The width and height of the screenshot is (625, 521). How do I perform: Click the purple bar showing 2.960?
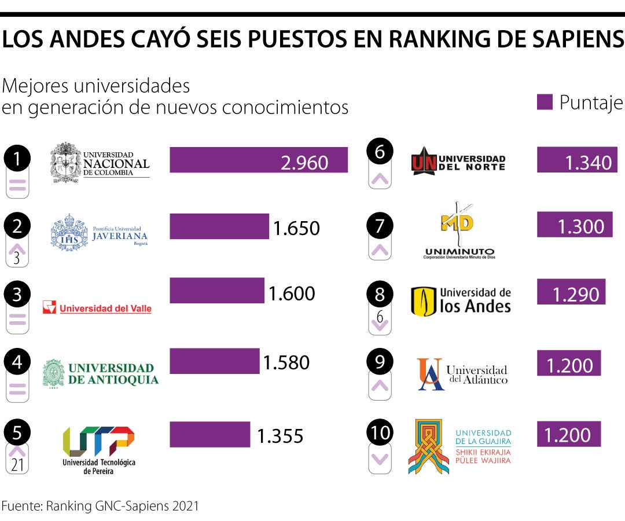pyautogui.click(x=258, y=160)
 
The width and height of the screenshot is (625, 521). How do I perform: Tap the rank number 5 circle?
pyautogui.click(x=17, y=433)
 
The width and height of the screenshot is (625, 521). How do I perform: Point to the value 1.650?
pyautogui.click(x=296, y=228)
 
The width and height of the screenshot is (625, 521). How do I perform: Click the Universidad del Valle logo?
pyautogui.click(x=97, y=308)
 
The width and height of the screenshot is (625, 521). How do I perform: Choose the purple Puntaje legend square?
pyautogui.click(x=545, y=102)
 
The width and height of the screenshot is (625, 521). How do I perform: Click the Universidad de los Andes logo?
pyautogui.click(x=461, y=301)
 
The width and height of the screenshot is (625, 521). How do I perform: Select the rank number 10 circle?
pyautogui.click(x=380, y=433)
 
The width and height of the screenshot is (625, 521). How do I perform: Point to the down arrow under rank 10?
pyautogui.click(x=380, y=460)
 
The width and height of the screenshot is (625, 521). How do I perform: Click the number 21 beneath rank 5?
pyautogui.click(x=17, y=465)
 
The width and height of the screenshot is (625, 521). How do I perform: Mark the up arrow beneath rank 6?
pyautogui.click(x=380, y=179)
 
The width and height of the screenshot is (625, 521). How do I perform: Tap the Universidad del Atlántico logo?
pyautogui.click(x=462, y=374)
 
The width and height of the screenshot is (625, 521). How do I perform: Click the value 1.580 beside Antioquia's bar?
pyautogui.click(x=286, y=363)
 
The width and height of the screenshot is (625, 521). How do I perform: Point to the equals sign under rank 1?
pyautogui.click(x=17, y=186)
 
